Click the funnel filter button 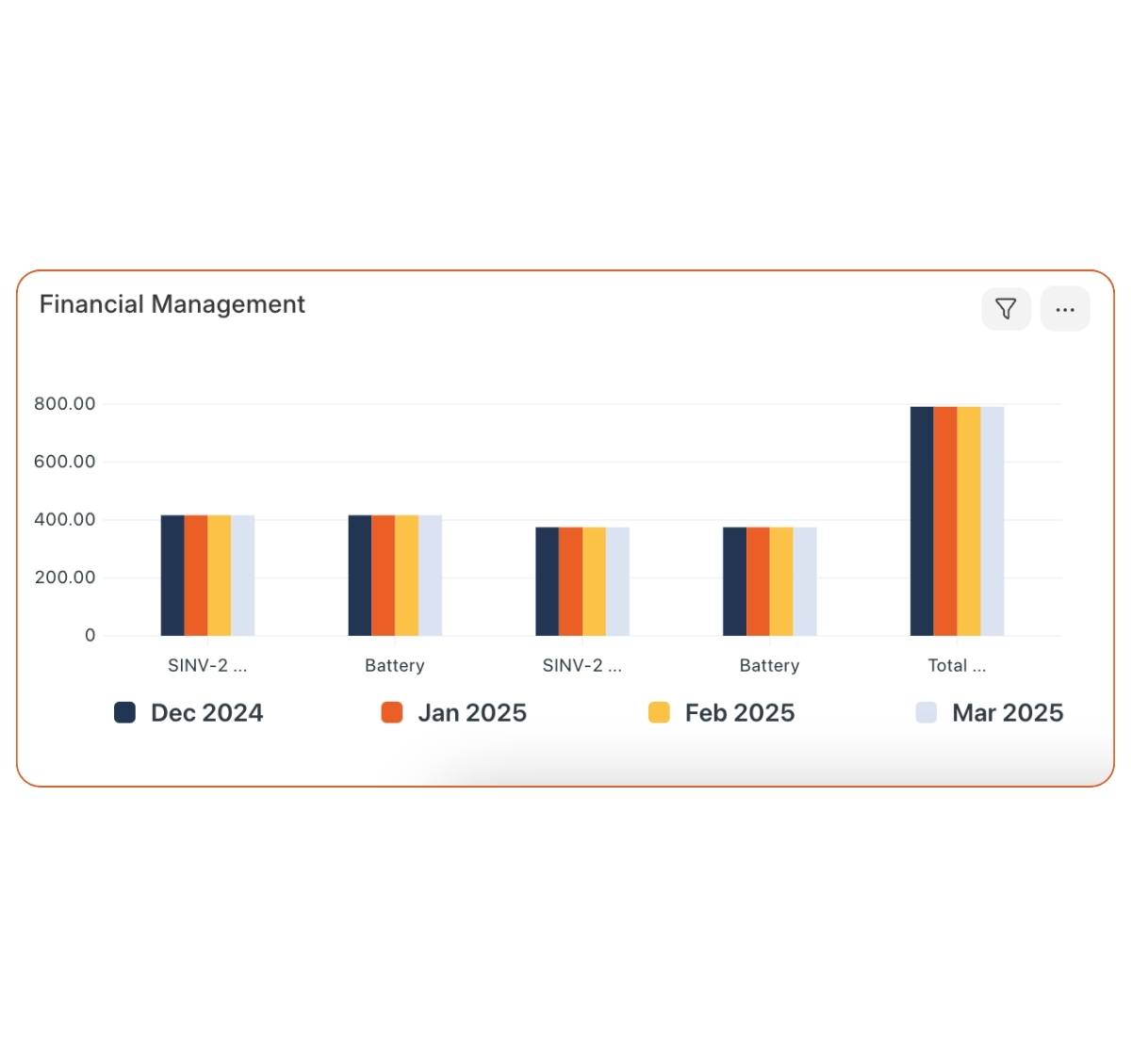click(x=1006, y=309)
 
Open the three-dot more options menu click(x=1065, y=309)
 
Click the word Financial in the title click(x=91, y=304)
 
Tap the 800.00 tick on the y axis click(x=65, y=404)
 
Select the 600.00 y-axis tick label click(x=65, y=462)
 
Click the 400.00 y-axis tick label click(x=65, y=519)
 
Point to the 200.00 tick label click(x=65, y=577)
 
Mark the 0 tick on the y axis click(x=90, y=635)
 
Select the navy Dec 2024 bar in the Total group click(x=922, y=521)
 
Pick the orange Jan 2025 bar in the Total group click(x=945, y=521)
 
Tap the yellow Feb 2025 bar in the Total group click(x=969, y=521)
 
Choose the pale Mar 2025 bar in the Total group click(x=992, y=521)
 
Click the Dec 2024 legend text click(x=206, y=713)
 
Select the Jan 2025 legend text click(x=472, y=713)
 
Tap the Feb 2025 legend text click(x=740, y=713)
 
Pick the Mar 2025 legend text click(x=1008, y=713)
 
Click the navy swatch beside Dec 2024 click(x=124, y=713)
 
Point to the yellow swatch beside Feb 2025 click(x=659, y=713)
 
